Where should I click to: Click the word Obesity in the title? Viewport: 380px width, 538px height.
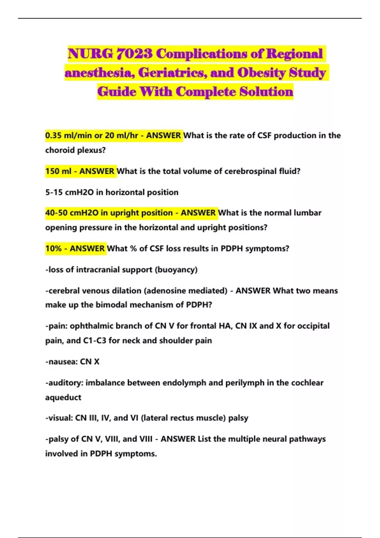(x=262, y=73)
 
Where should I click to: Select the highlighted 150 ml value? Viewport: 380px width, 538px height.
(x=58, y=171)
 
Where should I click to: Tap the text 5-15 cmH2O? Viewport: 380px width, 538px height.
(x=69, y=192)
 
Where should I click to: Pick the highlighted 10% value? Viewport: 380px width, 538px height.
(x=53, y=248)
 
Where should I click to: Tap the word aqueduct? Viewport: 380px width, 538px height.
(x=63, y=397)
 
